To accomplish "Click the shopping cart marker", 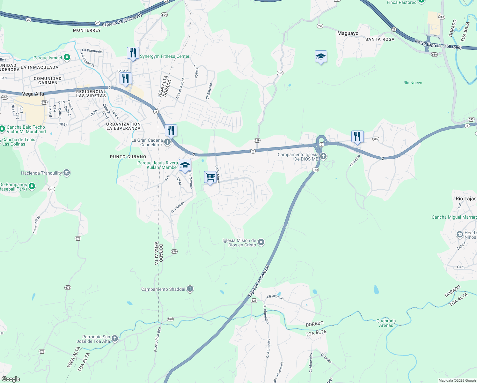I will point(210,177).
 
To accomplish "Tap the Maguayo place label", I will point(348,33).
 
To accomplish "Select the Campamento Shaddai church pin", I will point(190,289).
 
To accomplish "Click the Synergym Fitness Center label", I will point(165,56).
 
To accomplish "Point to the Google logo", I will point(11,379).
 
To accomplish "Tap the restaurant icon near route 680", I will point(357,137).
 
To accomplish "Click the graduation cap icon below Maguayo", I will point(320,57).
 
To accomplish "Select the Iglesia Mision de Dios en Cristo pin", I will point(261,242).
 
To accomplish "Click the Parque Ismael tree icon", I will point(67,57).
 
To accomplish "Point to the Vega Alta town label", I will point(33,94).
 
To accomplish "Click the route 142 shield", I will point(315,169).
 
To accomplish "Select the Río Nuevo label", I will point(413,83).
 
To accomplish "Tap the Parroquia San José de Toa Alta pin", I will point(115,339).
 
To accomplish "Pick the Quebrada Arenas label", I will point(386,323).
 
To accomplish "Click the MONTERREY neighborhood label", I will point(87,30).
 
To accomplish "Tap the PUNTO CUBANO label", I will point(128,157).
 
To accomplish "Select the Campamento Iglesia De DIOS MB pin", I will point(323,156).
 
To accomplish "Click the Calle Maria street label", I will point(217,174).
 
